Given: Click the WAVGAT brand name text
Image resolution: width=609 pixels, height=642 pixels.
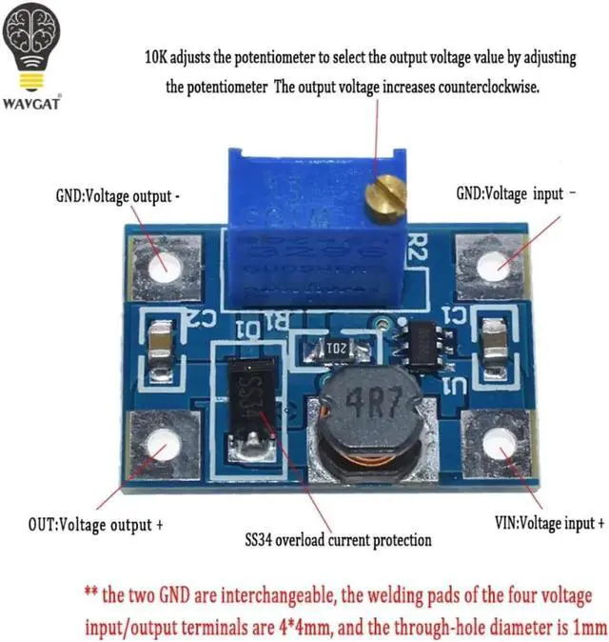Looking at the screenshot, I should (x=33, y=103).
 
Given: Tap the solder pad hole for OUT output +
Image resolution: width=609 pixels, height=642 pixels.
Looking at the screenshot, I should (x=162, y=445).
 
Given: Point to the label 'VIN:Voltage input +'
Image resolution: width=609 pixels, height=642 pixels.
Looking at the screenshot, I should (x=550, y=523).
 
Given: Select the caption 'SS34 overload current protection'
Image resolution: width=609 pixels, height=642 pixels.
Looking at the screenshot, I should (x=338, y=540).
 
